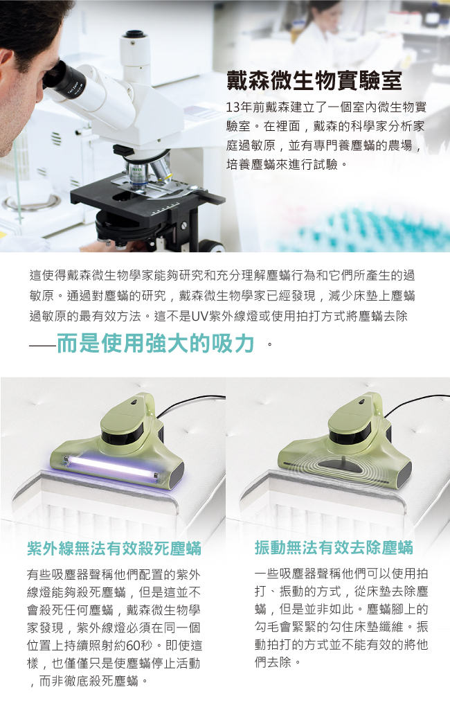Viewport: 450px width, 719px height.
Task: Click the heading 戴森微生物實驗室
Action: pyautogui.click(x=314, y=80)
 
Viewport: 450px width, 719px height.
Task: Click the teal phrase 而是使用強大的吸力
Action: pyautogui.click(x=155, y=343)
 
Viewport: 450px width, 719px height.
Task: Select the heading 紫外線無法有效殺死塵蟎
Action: pyautogui.click(x=114, y=549)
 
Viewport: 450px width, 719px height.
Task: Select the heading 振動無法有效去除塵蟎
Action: pyautogui.click(x=334, y=547)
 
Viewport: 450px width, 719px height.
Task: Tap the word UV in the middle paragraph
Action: pyautogui.click(x=200, y=316)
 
